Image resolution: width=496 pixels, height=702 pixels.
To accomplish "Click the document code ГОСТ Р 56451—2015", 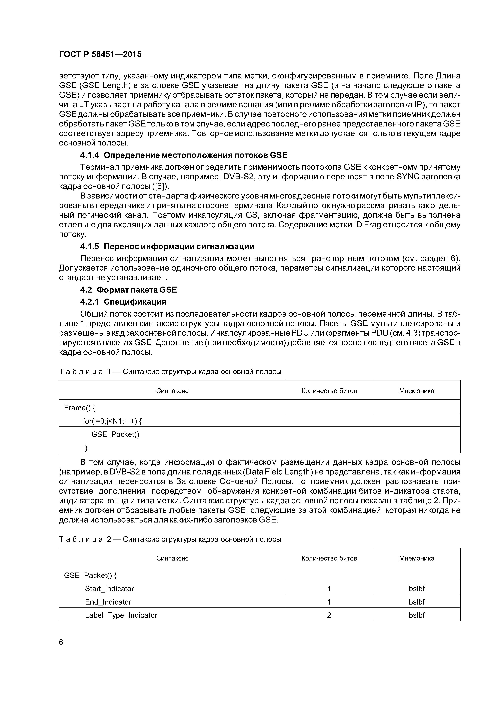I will [x=100, y=54].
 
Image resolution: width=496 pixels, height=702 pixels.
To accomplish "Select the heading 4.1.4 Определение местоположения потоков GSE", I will [x=184, y=155].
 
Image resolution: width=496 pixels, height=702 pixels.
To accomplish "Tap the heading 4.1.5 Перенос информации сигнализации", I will [x=167, y=246].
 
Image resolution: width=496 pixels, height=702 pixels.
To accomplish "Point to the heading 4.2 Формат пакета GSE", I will [x=128, y=290].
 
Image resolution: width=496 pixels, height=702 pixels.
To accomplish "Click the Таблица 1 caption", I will [x=170, y=372].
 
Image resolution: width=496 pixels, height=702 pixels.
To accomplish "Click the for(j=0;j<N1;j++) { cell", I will [x=112, y=421].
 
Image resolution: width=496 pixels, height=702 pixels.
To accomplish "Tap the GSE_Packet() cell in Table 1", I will [x=115, y=434].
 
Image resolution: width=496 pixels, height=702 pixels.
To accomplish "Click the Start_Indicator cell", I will [x=109, y=589].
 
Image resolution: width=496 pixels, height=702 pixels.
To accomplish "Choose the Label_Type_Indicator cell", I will [x=121, y=615].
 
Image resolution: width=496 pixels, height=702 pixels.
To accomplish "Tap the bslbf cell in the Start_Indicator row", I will [x=417, y=589].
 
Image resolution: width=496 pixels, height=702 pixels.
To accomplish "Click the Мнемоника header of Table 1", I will [x=417, y=391].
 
